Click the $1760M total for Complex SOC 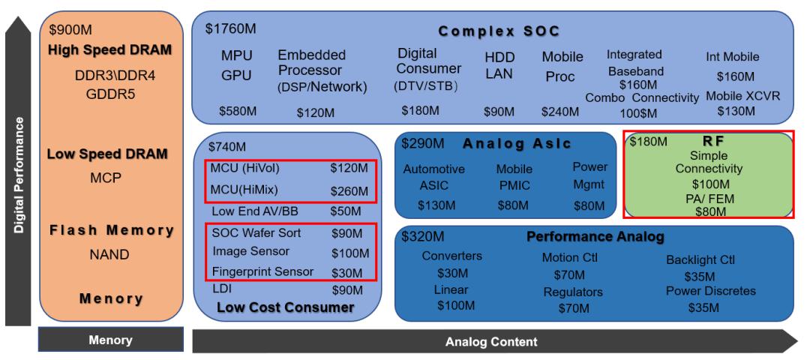(230, 28)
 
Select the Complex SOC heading (499, 31)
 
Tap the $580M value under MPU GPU (238, 110)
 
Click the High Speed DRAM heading (109, 50)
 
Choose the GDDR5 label (110, 94)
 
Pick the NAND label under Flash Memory (109, 255)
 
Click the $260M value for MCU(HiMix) (349, 191)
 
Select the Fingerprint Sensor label (262, 271)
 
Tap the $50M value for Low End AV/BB (346, 211)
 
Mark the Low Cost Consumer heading (285, 307)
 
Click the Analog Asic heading (517, 143)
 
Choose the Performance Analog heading (595, 237)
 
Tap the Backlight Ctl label (700, 259)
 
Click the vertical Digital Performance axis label (19, 175)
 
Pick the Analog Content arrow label (491, 341)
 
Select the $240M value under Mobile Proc (560, 112)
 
